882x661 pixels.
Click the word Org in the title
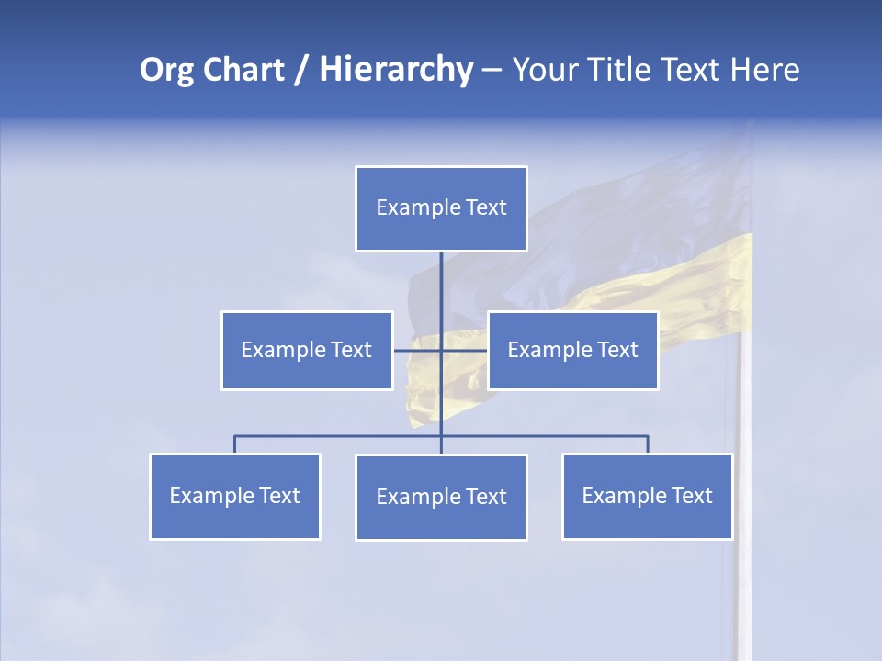[166, 70]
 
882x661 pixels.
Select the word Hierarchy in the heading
[396, 70]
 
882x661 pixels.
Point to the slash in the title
[301, 70]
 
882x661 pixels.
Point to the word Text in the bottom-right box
[692, 496]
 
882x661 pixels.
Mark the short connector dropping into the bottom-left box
[235, 444]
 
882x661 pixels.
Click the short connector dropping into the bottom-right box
[648, 444]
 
